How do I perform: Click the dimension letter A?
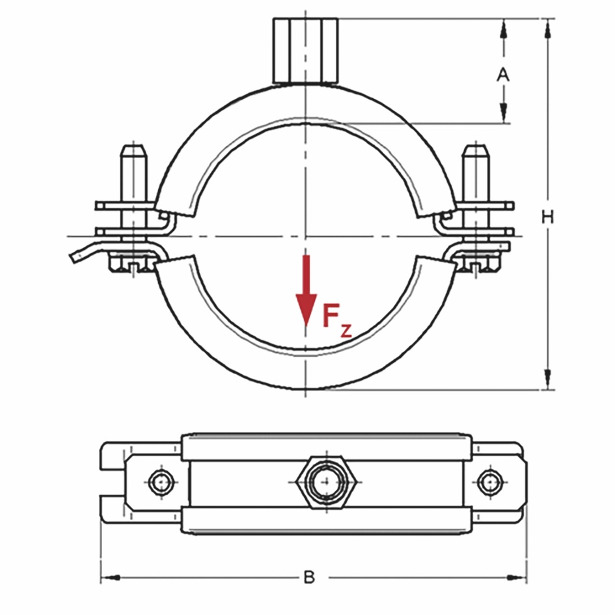503,75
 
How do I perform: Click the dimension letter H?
548,218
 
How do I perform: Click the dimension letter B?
309,577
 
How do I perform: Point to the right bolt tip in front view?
476,156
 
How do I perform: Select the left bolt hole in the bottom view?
159,482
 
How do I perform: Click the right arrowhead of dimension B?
517,577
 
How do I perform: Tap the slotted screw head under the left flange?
134,265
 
